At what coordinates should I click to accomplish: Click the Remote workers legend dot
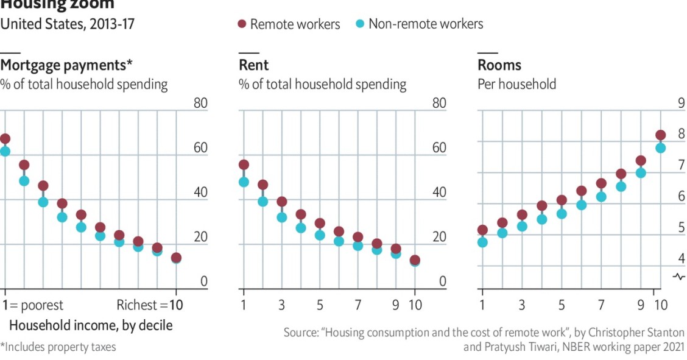pos(242,24)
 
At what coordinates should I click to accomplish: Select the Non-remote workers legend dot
pos(359,24)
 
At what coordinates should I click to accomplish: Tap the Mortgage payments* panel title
pos(66,65)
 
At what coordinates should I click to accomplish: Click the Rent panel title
pos(253,65)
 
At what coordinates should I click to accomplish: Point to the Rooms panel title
pos(499,65)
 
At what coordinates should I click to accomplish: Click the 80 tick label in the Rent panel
pos(439,104)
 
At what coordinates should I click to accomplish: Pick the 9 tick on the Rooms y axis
pos(681,104)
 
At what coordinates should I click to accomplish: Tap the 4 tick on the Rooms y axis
pos(681,259)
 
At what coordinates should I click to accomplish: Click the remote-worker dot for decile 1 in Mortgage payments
pos(5,139)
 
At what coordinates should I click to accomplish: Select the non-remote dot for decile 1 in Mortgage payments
pos(5,151)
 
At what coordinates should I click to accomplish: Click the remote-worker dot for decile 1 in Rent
pos(244,165)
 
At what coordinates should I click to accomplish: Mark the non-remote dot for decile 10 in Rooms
pos(660,148)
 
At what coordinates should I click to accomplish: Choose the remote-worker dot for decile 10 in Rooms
pos(660,135)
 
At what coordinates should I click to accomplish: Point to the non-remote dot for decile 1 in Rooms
pos(482,242)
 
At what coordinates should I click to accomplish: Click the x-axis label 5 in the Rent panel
pos(320,305)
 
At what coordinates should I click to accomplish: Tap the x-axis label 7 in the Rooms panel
pos(601,305)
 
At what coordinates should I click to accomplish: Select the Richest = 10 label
pos(150,305)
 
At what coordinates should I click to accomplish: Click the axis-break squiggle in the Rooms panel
pos(679,277)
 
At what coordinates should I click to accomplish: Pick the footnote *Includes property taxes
pos(58,347)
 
